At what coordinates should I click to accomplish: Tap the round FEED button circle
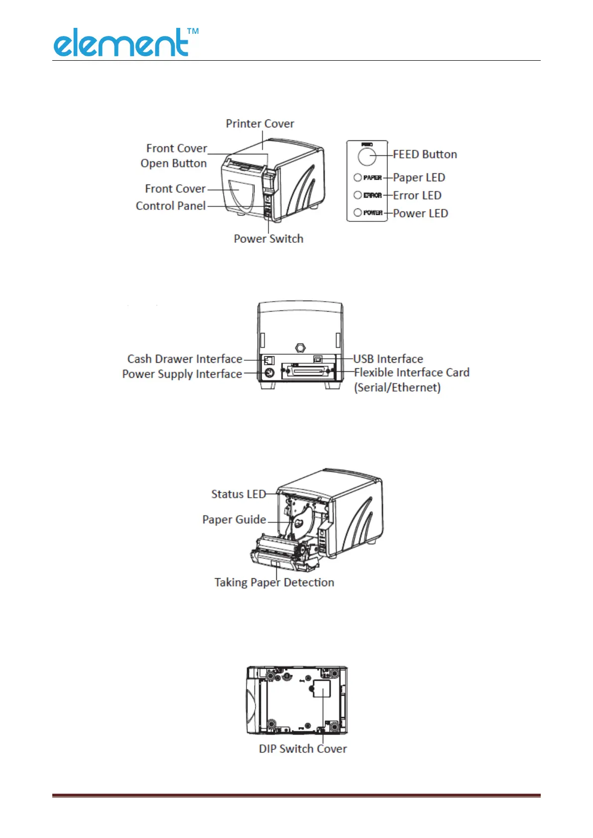[x=366, y=157]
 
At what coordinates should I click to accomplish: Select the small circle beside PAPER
[x=357, y=177]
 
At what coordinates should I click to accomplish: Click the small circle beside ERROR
[x=357, y=195]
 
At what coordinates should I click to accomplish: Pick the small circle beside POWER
[x=357, y=212]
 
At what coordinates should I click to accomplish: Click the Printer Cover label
[x=260, y=123]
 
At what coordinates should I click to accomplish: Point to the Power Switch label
[x=268, y=239]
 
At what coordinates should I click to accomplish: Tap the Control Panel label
[x=171, y=206]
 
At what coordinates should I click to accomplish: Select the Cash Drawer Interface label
[x=185, y=359]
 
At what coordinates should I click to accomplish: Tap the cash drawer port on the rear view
[x=269, y=359]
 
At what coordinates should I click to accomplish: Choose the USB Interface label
[x=388, y=359]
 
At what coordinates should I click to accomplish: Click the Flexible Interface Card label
[x=412, y=373]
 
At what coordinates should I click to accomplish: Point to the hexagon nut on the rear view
[x=300, y=348]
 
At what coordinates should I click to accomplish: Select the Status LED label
[x=238, y=494]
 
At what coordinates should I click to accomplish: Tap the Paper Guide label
[x=234, y=520]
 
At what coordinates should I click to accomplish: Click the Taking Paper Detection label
[x=274, y=583]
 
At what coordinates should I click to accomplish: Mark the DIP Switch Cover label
[x=303, y=749]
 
